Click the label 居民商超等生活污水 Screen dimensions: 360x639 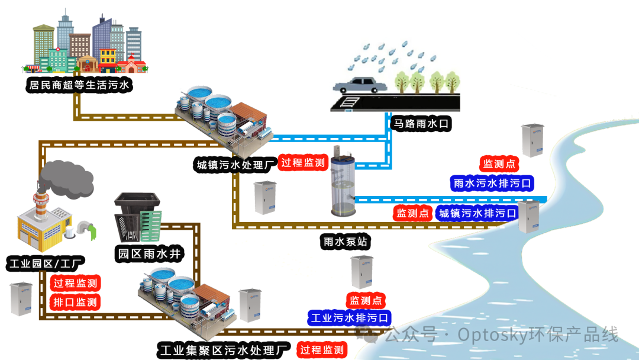tap(79, 85)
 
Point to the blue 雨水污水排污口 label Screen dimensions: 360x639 tap(492, 183)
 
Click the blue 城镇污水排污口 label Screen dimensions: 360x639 tap(476, 213)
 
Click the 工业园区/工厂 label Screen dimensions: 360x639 tap(46, 262)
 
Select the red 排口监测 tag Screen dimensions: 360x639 tap(75, 302)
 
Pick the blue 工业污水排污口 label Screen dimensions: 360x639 tap(350, 318)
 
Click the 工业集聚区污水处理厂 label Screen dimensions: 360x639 tap(224, 349)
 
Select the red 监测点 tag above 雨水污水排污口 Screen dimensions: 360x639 tap(499, 164)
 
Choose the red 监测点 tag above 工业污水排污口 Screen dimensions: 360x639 tap(366, 300)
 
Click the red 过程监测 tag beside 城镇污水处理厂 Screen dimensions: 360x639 tap(303, 163)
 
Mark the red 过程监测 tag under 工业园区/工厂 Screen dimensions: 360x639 tap(75, 283)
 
